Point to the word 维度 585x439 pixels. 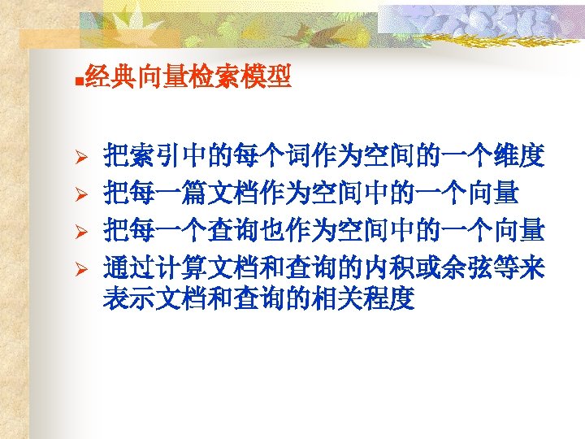click(x=520, y=157)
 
